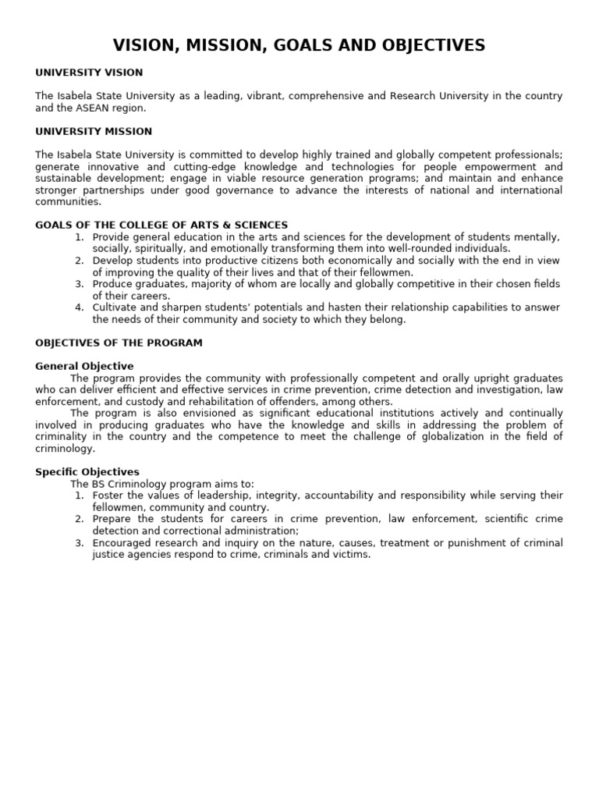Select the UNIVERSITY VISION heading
point(89,73)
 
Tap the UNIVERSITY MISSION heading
point(94,131)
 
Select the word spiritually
point(160,249)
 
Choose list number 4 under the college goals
point(79,307)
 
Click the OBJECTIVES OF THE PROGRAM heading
point(119,343)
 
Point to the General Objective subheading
point(84,366)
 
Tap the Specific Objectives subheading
point(87,472)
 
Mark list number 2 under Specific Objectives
point(79,519)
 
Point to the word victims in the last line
point(351,555)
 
